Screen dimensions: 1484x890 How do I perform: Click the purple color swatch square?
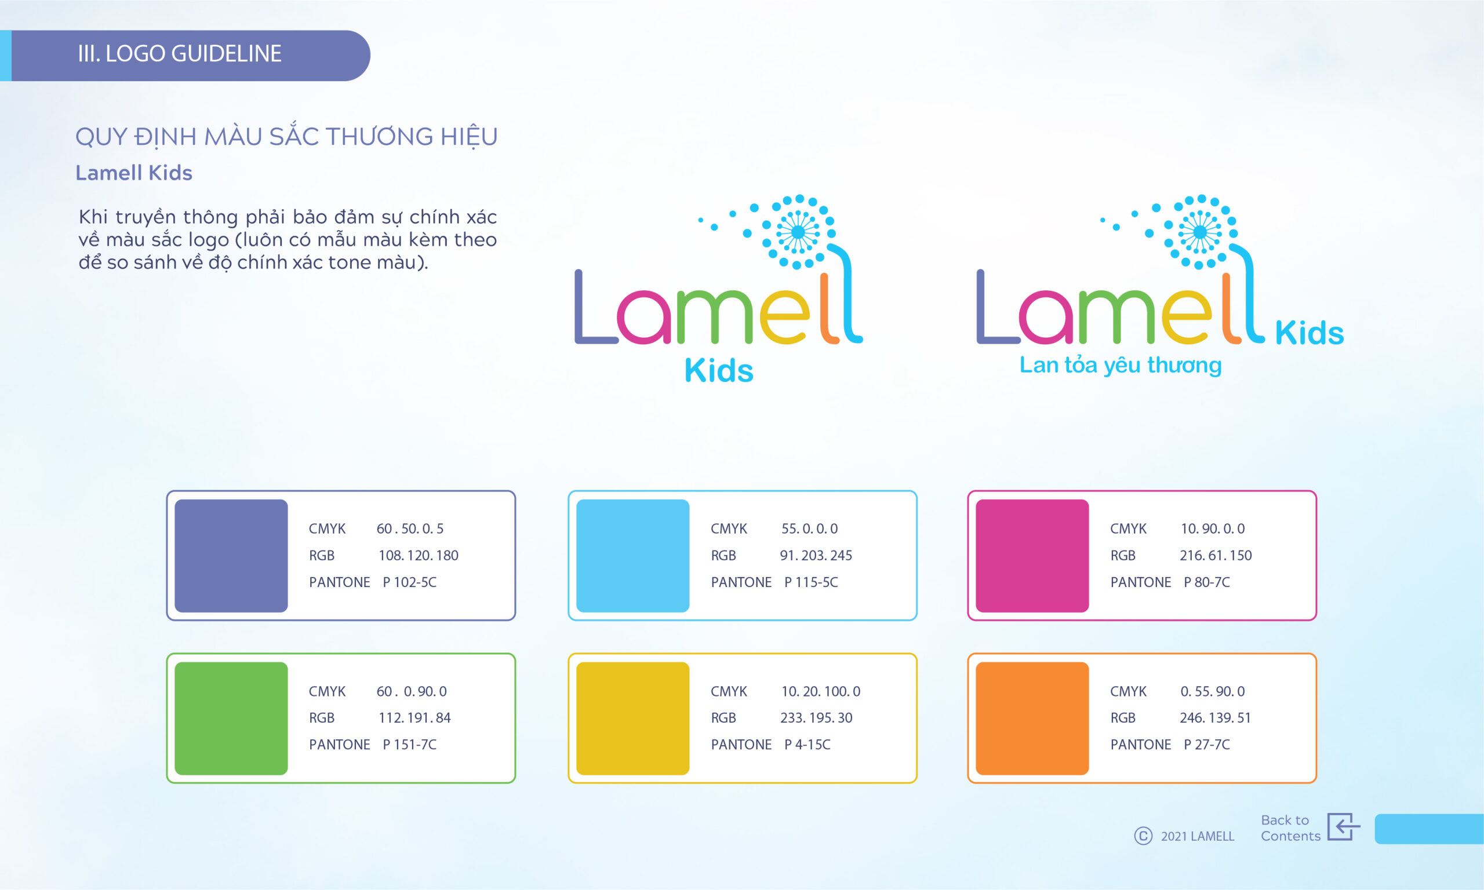pyautogui.click(x=231, y=555)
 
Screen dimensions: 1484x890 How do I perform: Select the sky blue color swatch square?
pyautogui.click(x=633, y=555)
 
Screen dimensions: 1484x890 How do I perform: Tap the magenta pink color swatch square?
pyautogui.click(x=1032, y=555)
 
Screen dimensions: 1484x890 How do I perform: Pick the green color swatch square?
pyautogui.click(x=231, y=718)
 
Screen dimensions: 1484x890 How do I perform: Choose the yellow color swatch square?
pyautogui.click(x=633, y=718)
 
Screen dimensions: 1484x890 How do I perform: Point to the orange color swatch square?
pyautogui.click(x=1032, y=718)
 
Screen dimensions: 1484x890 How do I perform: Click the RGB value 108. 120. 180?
pyautogui.click(x=418, y=555)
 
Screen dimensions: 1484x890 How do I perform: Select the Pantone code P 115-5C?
pyautogui.click(x=811, y=582)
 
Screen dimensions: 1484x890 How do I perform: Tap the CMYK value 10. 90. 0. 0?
pyautogui.click(x=1212, y=528)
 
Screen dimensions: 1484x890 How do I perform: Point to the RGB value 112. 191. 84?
pyautogui.click(x=414, y=717)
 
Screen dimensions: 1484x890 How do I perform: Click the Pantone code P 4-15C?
pyautogui.click(x=808, y=744)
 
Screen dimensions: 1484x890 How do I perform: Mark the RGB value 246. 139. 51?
pyautogui.click(x=1215, y=717)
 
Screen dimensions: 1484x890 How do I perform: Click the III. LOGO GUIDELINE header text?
pyautogui.click(x=179, y=54)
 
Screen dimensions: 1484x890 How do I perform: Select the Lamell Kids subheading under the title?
pyautogui.click(x=134, y=173)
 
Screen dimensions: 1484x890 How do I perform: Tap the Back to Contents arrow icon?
pyautogui.click(x=1343, y=827)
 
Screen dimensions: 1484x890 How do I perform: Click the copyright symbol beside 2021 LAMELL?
pyautogui.click(x=1143, y=836)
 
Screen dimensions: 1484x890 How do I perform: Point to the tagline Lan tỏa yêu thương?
pyautogui.click(x=1121, y=365)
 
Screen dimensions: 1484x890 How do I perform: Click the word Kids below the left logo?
pyautogui.click(x=719, y=370)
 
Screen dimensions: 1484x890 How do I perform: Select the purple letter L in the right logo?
pyautogui.click(x=997, y=307)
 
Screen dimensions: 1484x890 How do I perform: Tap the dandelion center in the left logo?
pyautogui.click(x=798, y=232)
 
